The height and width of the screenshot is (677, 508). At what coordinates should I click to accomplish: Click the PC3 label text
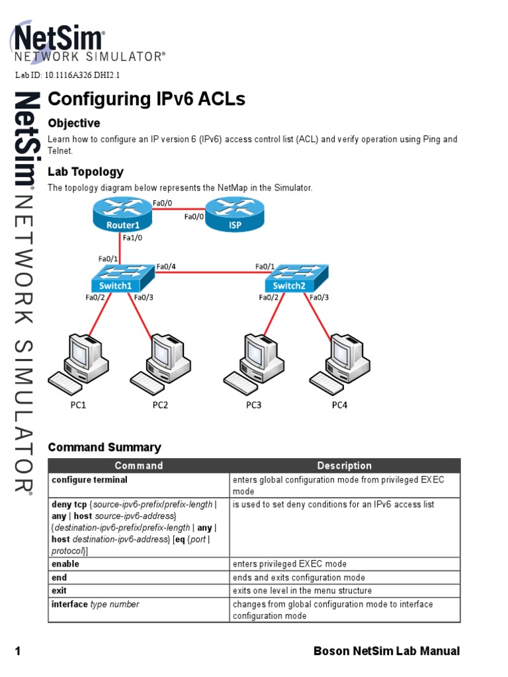click(254, 405)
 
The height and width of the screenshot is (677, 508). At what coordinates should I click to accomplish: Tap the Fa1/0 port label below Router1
click(133, 237)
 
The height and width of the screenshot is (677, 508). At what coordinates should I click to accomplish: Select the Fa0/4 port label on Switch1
click(166, 267)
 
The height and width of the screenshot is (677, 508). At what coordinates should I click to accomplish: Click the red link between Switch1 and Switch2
click(208, 271)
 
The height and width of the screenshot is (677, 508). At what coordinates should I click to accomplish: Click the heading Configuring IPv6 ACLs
click(146, 99)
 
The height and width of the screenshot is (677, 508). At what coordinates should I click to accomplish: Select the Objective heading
click(74, 123)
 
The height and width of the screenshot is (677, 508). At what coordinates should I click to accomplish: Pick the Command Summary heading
click(105, 448)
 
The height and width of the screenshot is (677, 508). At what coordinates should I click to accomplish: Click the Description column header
click(344, 465)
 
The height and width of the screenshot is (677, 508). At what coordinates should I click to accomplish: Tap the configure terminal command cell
click(90, 480)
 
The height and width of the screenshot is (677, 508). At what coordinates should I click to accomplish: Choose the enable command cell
click(65, 564)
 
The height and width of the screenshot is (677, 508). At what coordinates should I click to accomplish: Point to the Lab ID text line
click(67, 75)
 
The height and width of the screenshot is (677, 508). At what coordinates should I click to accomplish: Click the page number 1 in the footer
click(19, 652)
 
